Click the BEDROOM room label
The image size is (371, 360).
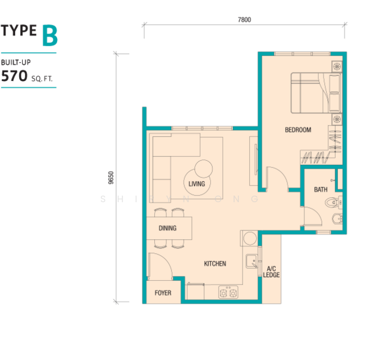coord(298,130)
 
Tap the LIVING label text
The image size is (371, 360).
coord(197,184)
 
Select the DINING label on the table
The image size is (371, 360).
coord(167,228)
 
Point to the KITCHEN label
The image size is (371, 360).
coord(215,263)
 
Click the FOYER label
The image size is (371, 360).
coord(163,293)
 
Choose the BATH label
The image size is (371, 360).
coord(321,190)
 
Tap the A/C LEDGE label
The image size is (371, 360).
coord(271,272)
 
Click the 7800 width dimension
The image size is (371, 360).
coord(244,20)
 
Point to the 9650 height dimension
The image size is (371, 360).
coord(110,178)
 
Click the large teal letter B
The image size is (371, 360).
coord(50,35)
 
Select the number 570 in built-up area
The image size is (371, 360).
coord(14,76)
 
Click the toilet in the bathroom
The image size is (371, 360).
coord(333,202)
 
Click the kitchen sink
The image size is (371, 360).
coord(252,261)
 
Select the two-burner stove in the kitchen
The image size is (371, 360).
coord(228,292)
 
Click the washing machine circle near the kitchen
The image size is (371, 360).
coord(250,238)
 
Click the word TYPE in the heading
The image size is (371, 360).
coord(19,30)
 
